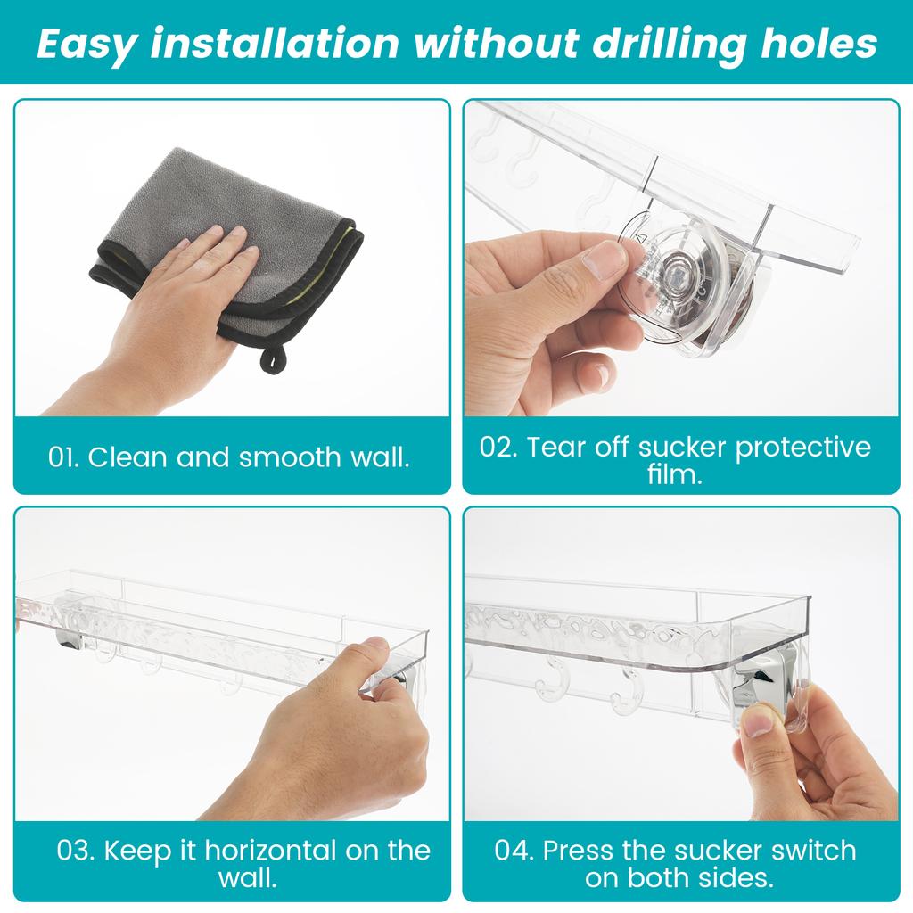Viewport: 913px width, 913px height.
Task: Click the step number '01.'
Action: (64, 457)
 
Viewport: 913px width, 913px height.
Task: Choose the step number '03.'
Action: (77, 850)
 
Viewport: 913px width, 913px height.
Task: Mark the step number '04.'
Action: (515, 850)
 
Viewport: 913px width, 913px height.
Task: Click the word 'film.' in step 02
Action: (675, 475)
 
